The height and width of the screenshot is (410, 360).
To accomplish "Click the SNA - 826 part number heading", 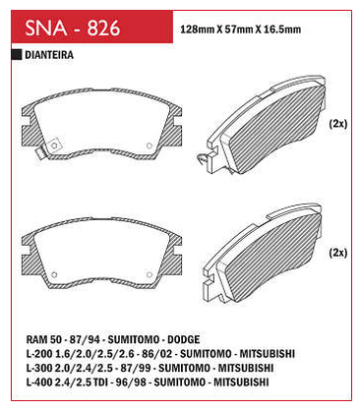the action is [73, 28].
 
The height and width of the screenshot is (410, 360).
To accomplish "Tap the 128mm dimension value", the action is [198, 29].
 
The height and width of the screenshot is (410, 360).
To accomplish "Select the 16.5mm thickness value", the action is [282, 29].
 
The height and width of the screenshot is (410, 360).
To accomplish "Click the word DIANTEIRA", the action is [49, 55].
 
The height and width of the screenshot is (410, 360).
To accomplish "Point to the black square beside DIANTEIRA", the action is [17, 55].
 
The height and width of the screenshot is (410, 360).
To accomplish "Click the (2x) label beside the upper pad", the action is [337, 124].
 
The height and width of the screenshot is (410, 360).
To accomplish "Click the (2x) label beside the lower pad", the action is [337, 253].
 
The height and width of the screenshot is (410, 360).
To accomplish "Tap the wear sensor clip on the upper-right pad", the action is [203, 158].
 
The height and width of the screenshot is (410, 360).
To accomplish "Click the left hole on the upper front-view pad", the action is [54, 146].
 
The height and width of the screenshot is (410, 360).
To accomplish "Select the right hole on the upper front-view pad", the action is [150, 146].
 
